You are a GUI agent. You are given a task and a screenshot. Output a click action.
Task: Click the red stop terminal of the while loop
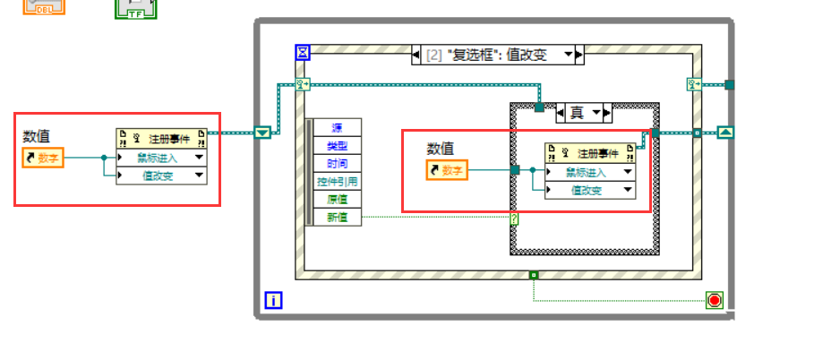(714, 300)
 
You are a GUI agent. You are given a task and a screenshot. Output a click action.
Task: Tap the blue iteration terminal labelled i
(273, 301)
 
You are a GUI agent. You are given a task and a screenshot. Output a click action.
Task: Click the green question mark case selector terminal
(515, 218)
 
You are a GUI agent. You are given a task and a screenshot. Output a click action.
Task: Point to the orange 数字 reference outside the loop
(44, 159)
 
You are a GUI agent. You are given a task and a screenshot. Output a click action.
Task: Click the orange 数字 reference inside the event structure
(447, 170)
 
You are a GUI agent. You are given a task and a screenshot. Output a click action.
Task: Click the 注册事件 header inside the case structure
(591, 153)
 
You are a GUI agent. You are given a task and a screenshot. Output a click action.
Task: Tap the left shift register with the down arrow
(262, 133)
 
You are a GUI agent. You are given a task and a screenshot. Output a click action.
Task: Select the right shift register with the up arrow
(725, 133)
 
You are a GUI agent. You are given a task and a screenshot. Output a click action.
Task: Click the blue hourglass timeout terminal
(303, 53)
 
